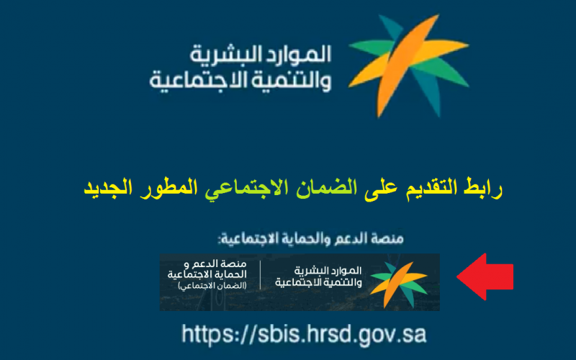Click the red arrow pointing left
[485, 276]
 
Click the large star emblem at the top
[408, 66]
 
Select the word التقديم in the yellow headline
[431, 187]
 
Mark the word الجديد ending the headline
[109, 187]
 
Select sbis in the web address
[275, 334]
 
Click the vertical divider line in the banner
[261, 275]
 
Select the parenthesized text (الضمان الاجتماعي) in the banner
[212, 285]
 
